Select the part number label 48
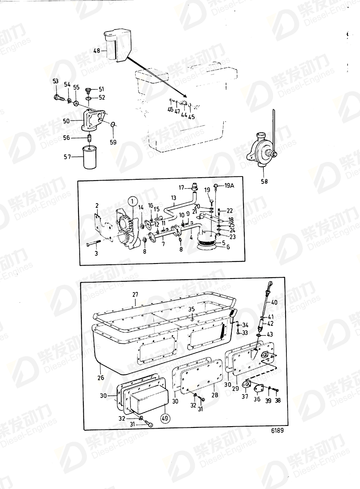pos(96,51)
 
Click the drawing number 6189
pos(277,430)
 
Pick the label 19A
pos(229,185)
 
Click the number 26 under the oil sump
pos(100,377)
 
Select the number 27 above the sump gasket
pos(135,295)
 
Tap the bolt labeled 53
pos(59,98)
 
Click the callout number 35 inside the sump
pos(192,309)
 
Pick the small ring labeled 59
pos(113,124)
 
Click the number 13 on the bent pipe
pos(174,198)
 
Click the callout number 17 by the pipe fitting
pos(182,187)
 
